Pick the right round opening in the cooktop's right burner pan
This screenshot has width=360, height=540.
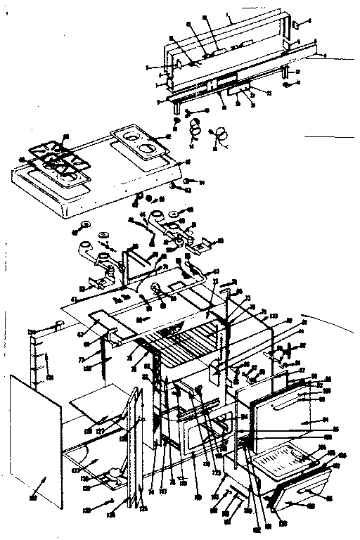(x=148, y=148)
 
